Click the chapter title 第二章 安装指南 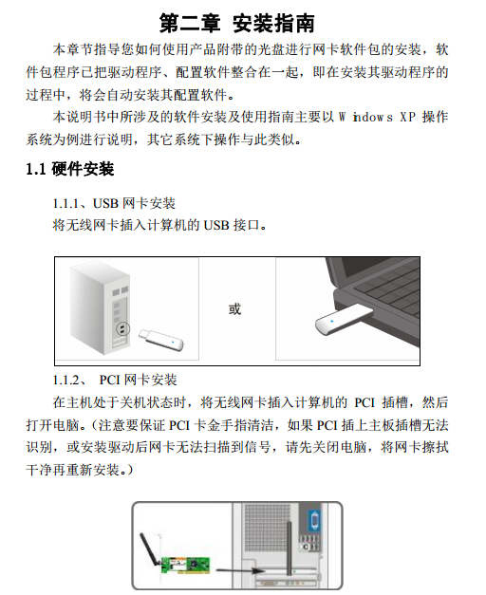pyautogui.click(x=237, y=24)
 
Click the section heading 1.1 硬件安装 pyautogui.click(x=70, y=169)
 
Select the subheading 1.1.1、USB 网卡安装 pyautogui.click(x=114, y=203)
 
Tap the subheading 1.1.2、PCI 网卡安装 pyautogui.click(x=115, y=380)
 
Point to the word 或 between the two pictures pyautogui.click(x=234, y=308)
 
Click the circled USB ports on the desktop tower pyautogui.click(x=122, y=328)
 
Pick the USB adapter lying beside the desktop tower pyautogui.click(x=161, y=340)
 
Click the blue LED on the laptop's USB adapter pyautogui.click(x=332, y=322)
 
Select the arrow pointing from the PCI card pyautogui.click(x=240, y=570)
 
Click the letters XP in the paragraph pyautogui.click(x=407, y=117)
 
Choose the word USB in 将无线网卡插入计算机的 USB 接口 pyautogui.click(x=216, y=226)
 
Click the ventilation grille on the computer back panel pyautogui.click(x=265, y=528)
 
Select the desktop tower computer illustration pyautogui.click(x=101, y=308)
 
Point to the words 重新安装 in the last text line pyautogui.click(x=93, y=470)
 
